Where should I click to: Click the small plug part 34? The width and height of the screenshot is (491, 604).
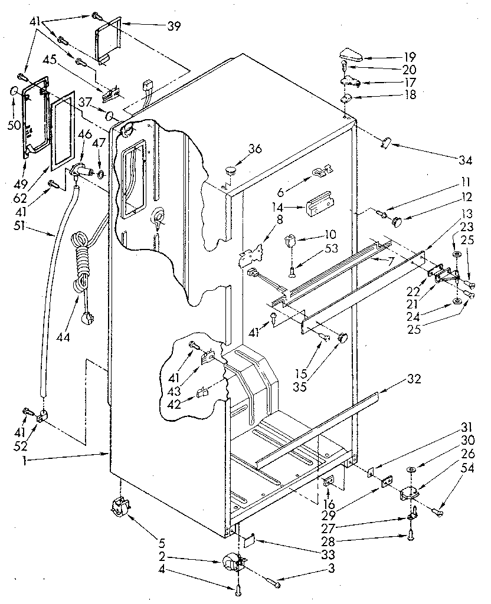387,142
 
